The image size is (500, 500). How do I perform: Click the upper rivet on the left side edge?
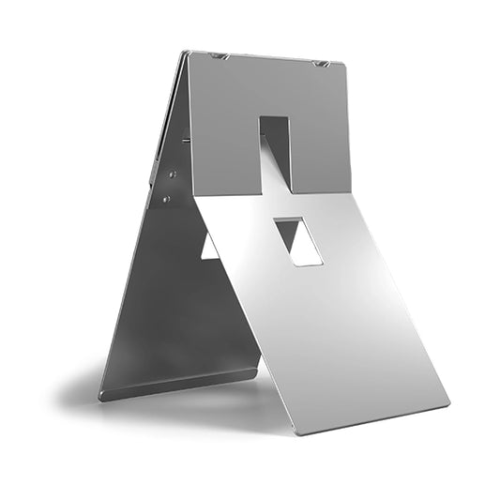pyautogui.click(x=173, y=174)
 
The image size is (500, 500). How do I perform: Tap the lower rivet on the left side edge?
pyautogui.click(x=166, y=199)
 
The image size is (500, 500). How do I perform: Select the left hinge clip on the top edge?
pyautogui.click(x=220, y=56)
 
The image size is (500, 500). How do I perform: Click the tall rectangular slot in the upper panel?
pyautogui.click(x=275, y=150)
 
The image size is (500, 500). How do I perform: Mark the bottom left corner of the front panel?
pyautogui.click(x=297, y=433)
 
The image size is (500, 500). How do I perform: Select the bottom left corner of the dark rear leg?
pyautogui.click(x=99, y=398)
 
